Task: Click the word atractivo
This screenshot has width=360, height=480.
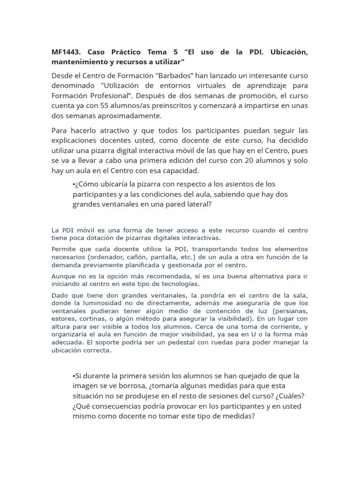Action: point(110,130)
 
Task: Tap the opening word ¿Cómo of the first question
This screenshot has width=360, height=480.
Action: point(86,184)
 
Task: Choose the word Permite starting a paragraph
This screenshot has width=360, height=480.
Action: point(63,248)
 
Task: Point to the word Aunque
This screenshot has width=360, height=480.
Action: point(63,276)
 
